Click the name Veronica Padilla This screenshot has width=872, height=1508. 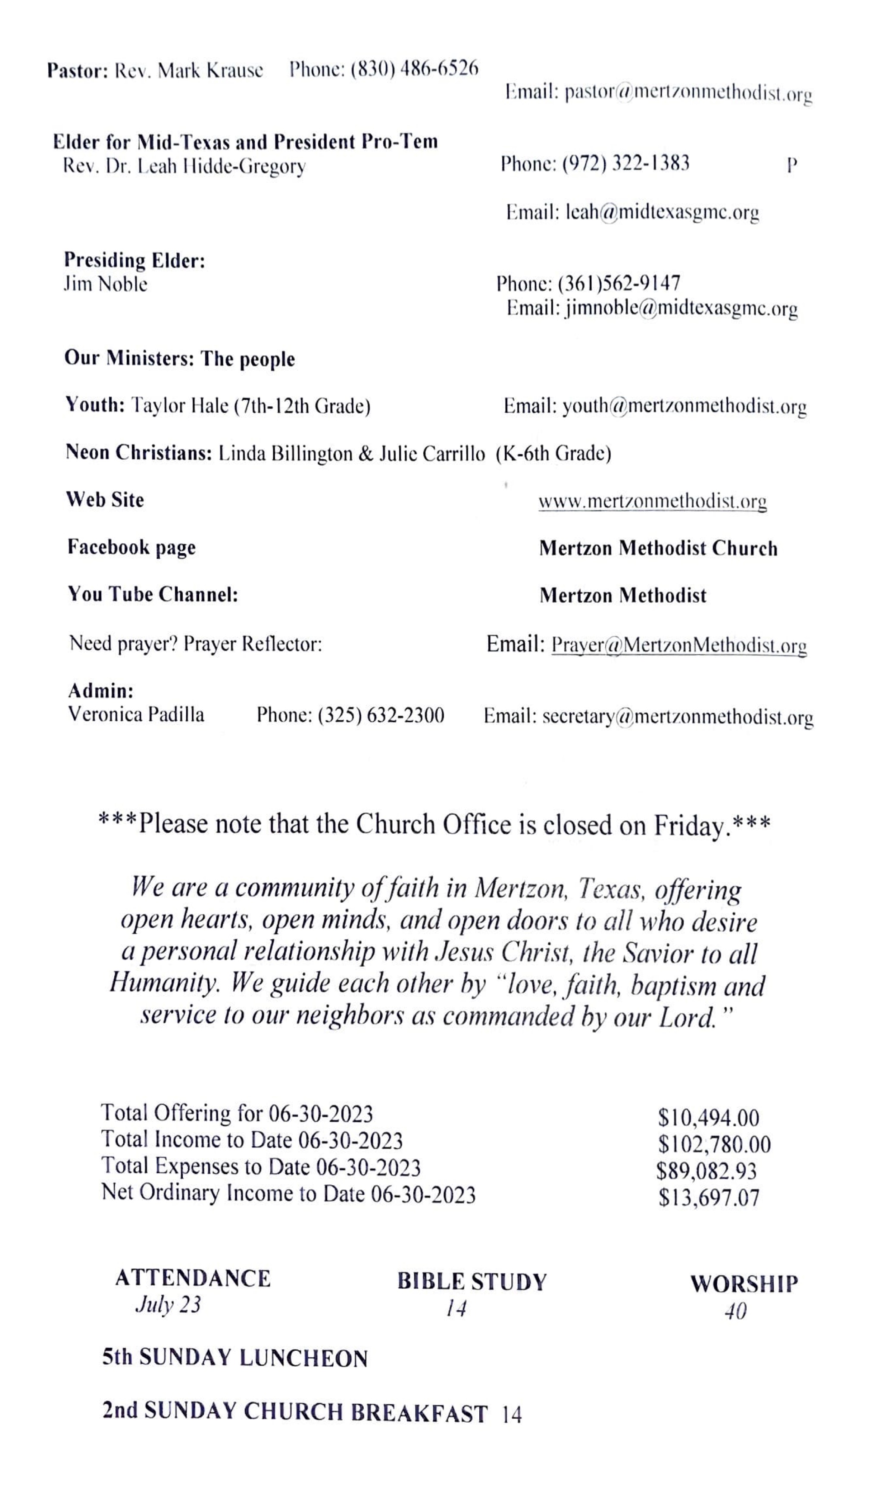(136, 714)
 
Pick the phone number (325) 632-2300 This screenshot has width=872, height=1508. (381, 715)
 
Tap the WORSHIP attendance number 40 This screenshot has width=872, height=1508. (735, 1311)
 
